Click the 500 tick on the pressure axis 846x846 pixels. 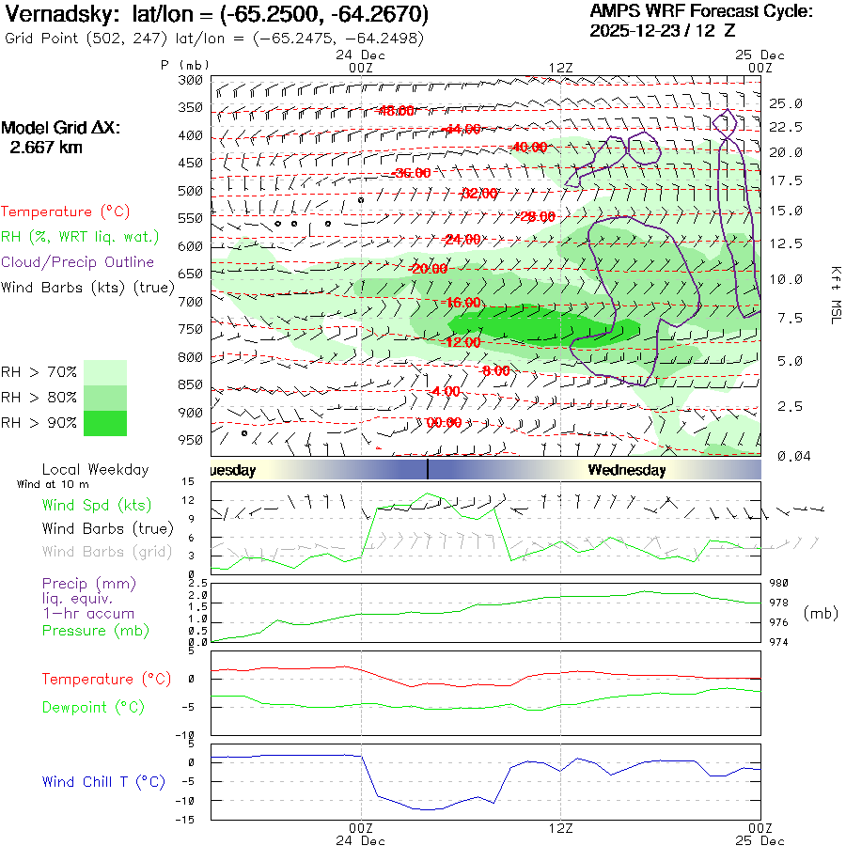[x=191, y=191]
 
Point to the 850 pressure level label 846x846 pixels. [x=191, y=384]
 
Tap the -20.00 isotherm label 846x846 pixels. [x=429, y=269]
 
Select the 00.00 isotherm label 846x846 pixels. [x=444, y=423]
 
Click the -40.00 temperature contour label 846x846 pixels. [x=529, y=148]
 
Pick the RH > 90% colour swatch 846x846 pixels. [x=105, y=423]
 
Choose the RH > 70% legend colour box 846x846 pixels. [x=105, y=372]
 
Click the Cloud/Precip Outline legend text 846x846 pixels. [x=78, y=262]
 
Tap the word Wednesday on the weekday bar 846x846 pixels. [x=627, y=470]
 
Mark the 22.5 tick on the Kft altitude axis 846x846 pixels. [x=786, y=127]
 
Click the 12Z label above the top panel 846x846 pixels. [x=560, y=67]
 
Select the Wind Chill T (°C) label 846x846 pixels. [x=103, y=782]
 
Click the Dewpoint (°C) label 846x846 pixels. [x=93, y=707]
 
